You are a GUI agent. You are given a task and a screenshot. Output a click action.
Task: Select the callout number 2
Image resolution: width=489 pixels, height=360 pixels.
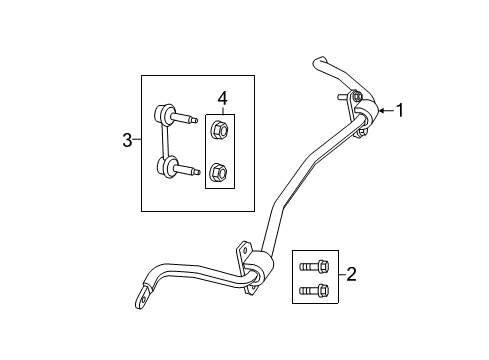[351, 273]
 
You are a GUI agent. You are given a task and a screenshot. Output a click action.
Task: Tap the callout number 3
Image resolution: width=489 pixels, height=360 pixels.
[128, 140]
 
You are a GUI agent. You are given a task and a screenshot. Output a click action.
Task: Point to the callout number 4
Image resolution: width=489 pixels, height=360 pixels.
[223, 99]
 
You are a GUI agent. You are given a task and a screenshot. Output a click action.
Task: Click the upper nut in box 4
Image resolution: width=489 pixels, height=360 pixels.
[218, 130]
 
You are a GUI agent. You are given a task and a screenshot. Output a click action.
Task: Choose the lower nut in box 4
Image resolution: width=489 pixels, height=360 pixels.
[218, 174]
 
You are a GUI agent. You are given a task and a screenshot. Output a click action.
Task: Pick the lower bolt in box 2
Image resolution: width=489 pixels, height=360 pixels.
[311, 291]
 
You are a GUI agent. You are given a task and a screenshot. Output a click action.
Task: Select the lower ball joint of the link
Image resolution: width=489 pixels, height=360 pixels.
[162, 166]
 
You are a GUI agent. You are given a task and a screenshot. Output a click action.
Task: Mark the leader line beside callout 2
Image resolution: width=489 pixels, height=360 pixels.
[340, 273]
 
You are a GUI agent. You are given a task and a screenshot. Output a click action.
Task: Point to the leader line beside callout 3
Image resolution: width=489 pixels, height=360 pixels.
[137, 140]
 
